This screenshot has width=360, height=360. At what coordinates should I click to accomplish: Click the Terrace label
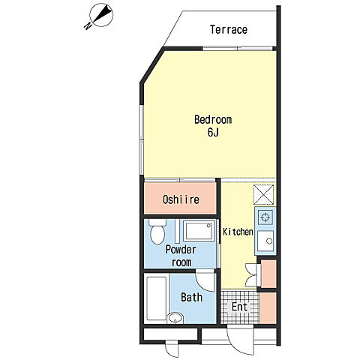(x=229, y=29)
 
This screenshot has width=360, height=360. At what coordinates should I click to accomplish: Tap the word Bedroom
(x=213, y=119)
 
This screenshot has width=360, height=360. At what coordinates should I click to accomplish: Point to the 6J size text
(x=213, y=132)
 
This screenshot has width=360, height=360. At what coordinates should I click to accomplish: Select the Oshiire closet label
(x=181, y=199)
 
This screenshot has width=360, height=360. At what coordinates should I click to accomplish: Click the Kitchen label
(x=238, y=232)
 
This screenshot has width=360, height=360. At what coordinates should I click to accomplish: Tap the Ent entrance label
(x=239, y=307)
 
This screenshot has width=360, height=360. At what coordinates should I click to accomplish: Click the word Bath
(x=192, y=297)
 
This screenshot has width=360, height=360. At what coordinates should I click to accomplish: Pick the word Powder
(x=181, y=250)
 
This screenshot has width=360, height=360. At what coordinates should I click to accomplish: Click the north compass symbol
(x=100, y=16)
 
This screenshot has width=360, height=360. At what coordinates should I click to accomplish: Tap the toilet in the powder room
(x=157, y=232)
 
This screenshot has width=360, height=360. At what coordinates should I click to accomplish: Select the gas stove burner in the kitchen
(x=265, y=217)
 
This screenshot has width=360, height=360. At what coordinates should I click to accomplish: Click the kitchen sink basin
(x=265, y=241)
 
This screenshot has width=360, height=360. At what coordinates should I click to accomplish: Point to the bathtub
(x=157, y=298)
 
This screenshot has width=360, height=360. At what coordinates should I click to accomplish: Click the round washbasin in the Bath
(x=175, y=318)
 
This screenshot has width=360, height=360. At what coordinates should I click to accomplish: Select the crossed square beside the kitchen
(x=263, y=195)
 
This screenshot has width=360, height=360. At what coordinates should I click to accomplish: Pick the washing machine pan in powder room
(x=199, y=230)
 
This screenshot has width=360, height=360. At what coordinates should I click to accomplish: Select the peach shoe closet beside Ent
(x=268, y=308)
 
